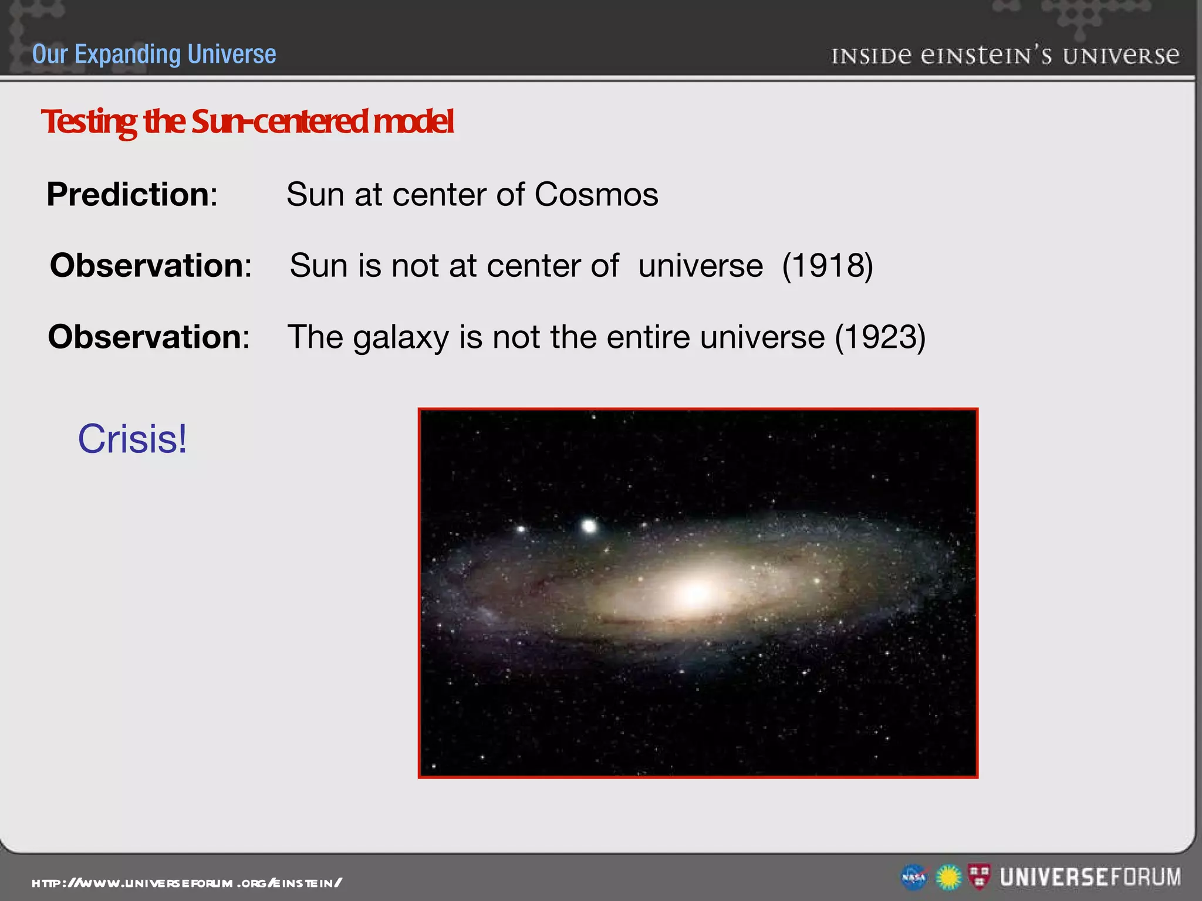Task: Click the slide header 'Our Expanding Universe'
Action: pos(154,54)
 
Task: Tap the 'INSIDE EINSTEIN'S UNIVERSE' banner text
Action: pos(1005,56)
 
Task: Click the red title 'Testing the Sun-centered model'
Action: pos(247,121)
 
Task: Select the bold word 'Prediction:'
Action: pos(132,194)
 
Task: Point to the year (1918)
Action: pos(828,266)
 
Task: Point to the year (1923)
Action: pos(880,337)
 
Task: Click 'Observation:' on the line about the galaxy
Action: pos(149,337)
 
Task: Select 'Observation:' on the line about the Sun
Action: pos(151,266)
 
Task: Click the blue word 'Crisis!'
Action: pos(133,439)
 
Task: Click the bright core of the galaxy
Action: pos(695,594)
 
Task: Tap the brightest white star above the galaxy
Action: pos(589,525)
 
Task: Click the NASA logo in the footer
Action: pos(913,878)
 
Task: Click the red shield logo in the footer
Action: pos(979,876)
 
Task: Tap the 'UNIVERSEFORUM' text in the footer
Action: pos(1090,877)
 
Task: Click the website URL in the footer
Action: pos(187,883)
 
